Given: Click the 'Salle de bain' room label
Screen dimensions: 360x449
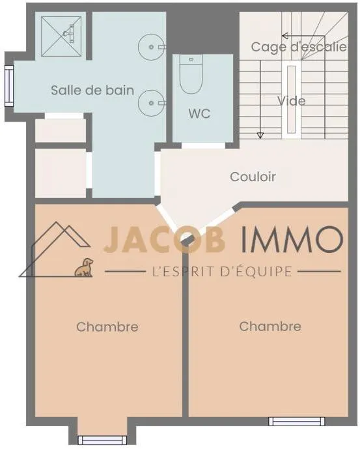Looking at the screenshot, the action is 92,90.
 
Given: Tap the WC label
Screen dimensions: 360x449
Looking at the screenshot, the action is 199,113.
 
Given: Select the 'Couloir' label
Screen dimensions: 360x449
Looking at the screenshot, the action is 253,177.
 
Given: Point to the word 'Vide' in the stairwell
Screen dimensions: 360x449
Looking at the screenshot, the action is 291,101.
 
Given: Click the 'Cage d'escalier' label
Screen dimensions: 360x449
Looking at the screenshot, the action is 299,47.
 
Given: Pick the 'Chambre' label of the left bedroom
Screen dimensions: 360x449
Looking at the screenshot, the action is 107,326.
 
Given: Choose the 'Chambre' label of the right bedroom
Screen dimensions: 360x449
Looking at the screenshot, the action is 270,326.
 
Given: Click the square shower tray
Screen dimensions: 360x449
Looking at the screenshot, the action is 61,36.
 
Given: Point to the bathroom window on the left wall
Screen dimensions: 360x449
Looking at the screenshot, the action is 9,86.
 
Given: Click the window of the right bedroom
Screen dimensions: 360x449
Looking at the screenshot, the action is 296,422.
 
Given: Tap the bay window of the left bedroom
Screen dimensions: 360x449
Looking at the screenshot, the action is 102,440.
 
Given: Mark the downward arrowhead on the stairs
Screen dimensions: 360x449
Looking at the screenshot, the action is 260,136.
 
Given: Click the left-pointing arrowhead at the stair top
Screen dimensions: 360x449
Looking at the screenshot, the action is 284,36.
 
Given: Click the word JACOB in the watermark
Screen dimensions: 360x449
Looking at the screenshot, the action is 164,239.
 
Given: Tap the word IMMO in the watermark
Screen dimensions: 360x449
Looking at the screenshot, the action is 292,239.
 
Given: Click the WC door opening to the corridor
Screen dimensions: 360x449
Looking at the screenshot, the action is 204,145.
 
